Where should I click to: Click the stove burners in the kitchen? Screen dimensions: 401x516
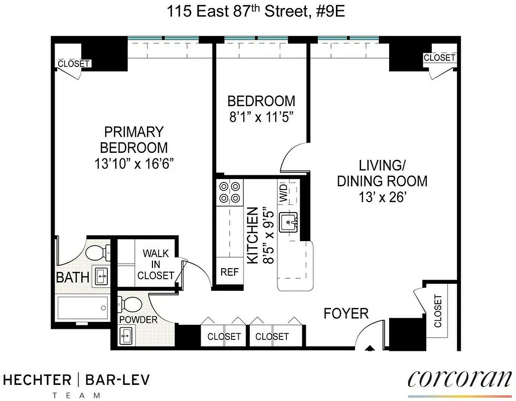229,192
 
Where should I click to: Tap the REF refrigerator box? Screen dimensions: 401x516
229,272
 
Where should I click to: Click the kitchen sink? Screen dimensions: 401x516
288,221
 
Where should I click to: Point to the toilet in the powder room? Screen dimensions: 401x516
132,304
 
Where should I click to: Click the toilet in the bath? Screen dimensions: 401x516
95,252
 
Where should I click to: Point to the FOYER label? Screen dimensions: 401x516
346,314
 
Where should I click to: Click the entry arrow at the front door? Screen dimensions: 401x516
371,349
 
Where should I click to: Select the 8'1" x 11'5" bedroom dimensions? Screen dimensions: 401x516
261,117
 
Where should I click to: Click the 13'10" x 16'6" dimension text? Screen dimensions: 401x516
134,163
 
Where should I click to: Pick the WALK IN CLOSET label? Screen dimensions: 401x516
155,264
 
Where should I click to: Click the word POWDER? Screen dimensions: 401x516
138,320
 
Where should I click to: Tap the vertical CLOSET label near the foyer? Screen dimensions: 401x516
438,311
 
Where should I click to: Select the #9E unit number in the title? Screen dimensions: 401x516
329,11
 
